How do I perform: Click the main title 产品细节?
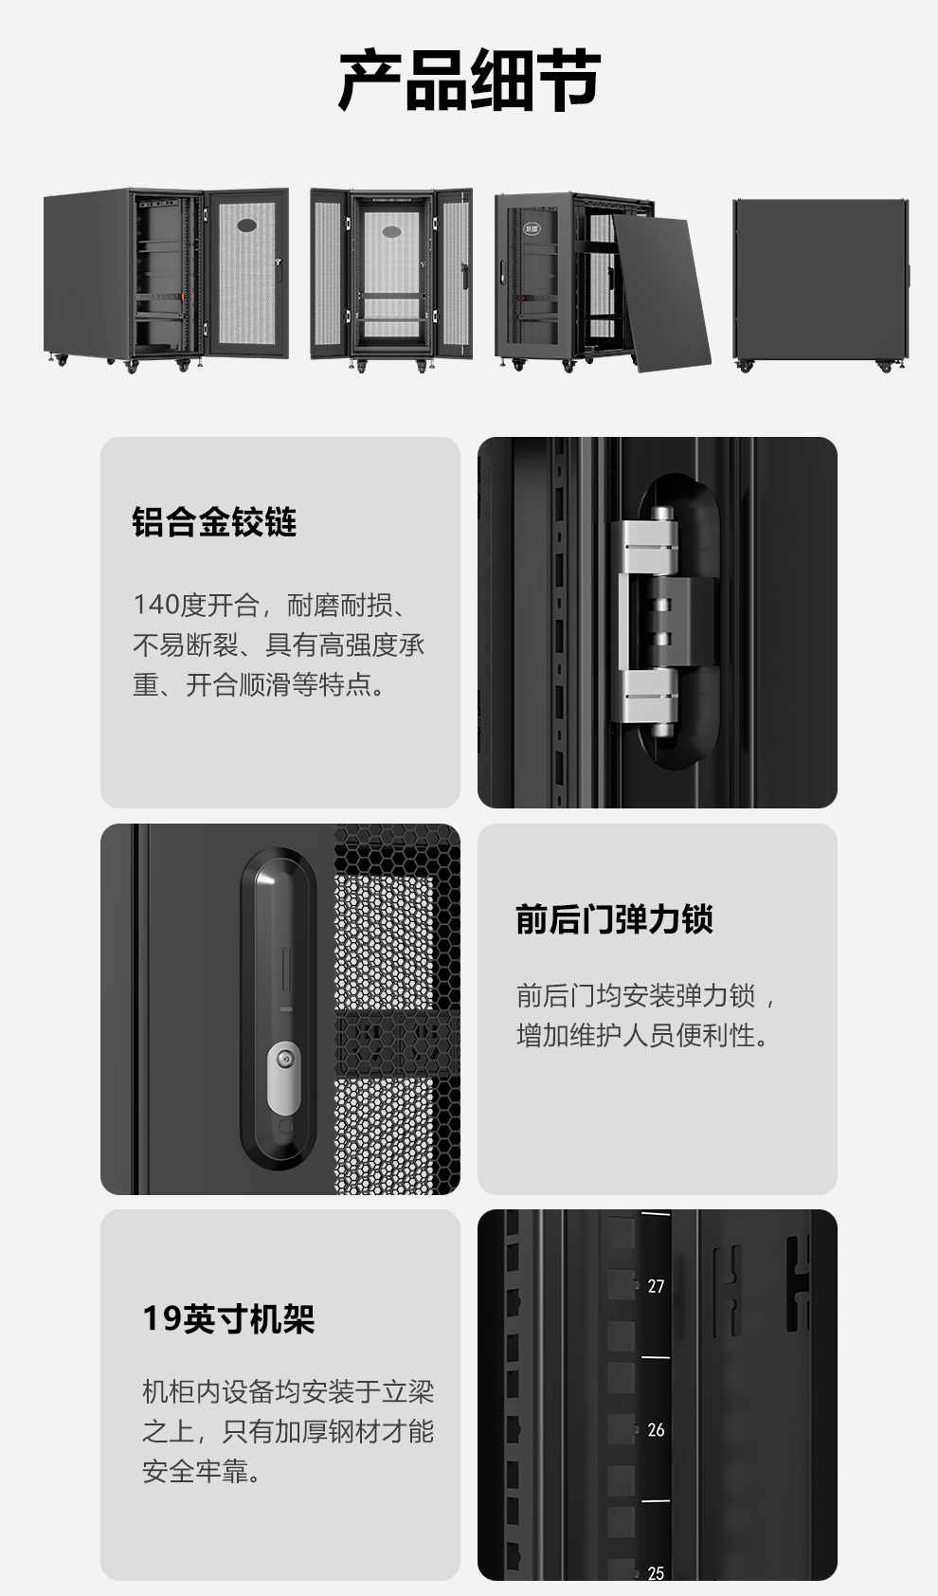pos(469,80)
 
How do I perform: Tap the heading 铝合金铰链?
pos(214,521)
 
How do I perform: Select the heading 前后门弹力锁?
pos(614,919)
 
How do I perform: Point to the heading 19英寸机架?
pos(228,1319)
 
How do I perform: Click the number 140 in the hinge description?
pos(156,605)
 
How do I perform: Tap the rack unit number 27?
pos(656,1286)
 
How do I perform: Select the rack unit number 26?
pos(656,1429)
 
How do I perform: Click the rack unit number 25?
pos(656,1572)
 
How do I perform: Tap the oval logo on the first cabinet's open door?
pos(247,226)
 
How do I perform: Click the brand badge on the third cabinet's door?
pos(532,228)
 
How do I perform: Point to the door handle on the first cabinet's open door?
pos(279,270)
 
